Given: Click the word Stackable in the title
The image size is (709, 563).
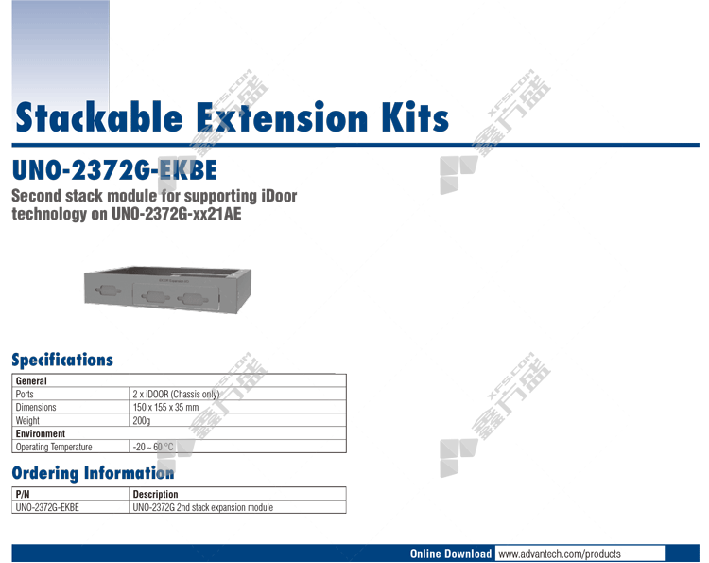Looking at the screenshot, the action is pos(99,116).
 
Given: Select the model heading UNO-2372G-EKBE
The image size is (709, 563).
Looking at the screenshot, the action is pos(114,170).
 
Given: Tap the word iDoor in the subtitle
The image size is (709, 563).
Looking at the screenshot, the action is pos(279,196).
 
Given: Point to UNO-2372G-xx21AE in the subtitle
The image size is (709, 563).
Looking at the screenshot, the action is pos(177,214).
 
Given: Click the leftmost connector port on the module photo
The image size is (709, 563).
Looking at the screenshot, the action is pos(109,290).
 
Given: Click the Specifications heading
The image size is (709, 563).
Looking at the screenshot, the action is pos(62,360).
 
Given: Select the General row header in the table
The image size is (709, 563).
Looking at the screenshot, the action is pos(31,381).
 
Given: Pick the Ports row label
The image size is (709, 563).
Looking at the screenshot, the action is pos(25,395).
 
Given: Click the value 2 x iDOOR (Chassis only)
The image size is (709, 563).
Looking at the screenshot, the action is pos(177,395).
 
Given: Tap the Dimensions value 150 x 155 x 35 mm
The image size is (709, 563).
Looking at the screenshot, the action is pos(166,407).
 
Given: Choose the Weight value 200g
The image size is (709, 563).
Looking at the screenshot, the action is pos(142,421).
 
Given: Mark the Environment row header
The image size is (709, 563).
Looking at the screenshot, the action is pos(41,433).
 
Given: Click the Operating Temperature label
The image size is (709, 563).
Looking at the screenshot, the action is pos(54,448).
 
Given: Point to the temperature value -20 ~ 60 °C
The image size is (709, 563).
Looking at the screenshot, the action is pos(153,448).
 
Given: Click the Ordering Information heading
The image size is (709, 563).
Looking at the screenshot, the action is pos(93,473).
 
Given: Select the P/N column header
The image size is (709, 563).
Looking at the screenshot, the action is pos(23,494).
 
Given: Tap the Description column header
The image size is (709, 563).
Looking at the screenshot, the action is pos(156,494).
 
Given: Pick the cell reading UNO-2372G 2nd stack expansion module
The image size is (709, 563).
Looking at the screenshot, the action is pos(203,508).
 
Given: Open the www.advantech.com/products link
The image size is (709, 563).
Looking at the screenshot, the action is pos(560,554).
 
